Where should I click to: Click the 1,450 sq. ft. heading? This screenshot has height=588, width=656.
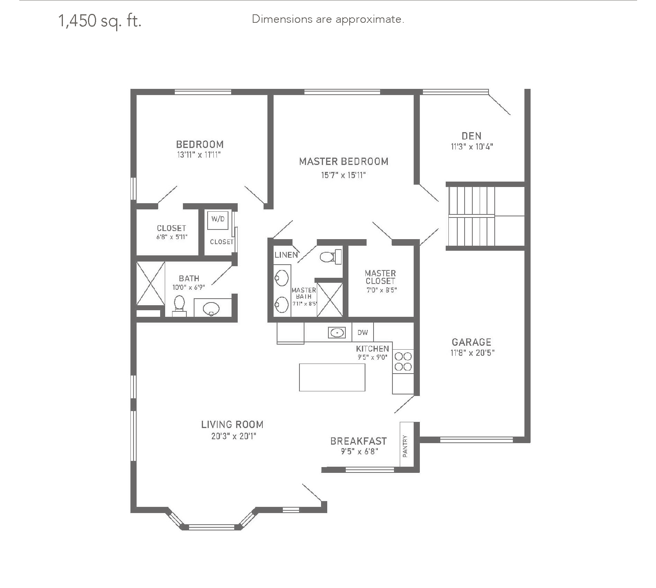pos(100,21)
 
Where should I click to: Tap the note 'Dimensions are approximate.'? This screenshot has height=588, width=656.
pos(328,19)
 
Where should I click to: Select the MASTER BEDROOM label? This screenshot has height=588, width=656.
pos(343,161)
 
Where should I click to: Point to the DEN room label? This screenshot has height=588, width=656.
pos(471,136)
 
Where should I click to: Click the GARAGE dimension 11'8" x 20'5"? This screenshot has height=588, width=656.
pos(472,353)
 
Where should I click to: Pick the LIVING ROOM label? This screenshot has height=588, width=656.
pos(232,425)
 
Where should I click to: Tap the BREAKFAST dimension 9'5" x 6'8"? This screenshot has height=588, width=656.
pos(359,451)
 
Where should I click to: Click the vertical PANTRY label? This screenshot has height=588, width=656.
pos(405,446)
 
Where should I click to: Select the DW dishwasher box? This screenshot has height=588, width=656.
pos(363,332)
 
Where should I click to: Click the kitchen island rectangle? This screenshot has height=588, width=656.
pos(332,377)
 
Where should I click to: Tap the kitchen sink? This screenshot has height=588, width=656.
pos(337,332)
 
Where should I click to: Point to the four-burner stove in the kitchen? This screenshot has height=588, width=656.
pos(403,361)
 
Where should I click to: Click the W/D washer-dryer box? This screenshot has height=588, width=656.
pos(218,219)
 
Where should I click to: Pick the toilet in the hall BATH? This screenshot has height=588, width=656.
pos(179,305)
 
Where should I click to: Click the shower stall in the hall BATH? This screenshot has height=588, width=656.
pos(151,284)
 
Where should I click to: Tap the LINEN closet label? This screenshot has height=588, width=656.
pos(286,255)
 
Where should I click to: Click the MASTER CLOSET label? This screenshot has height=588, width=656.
pos(380,277)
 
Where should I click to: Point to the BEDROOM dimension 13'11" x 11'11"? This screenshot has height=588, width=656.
pos(199,155)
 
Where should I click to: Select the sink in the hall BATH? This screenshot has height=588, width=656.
pos(211,308)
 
